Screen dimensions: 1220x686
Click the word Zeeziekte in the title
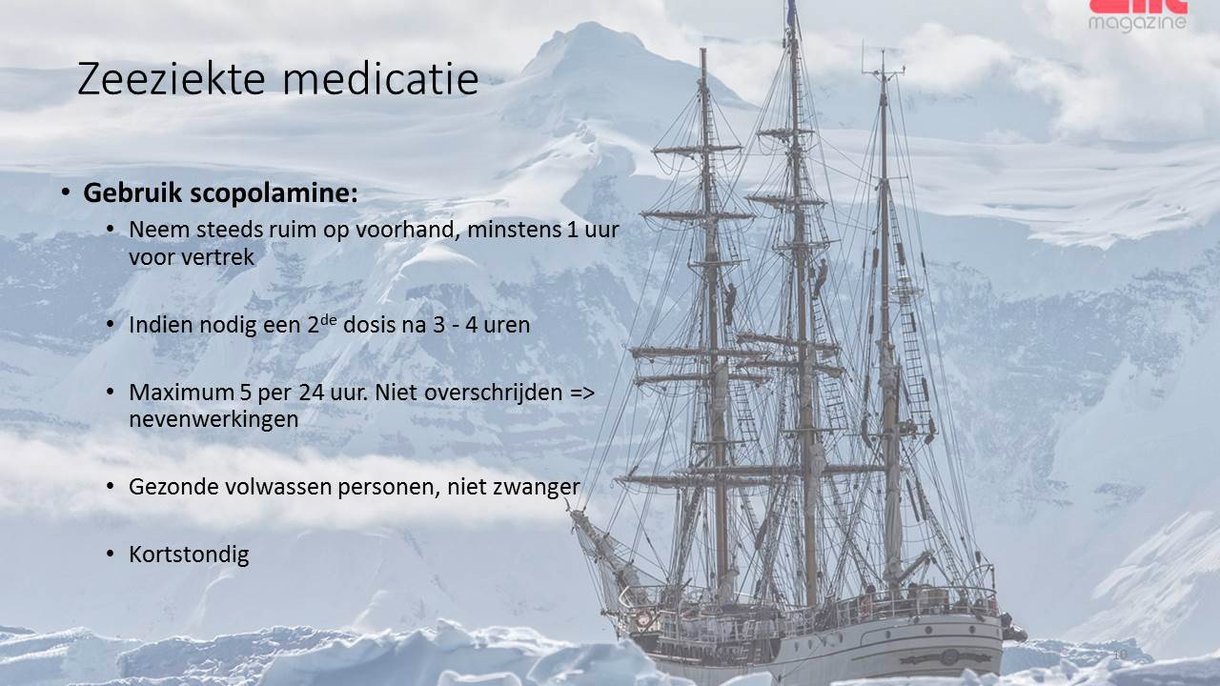[171, 79]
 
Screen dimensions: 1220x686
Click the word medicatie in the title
[380, 79]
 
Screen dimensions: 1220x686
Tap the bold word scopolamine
[274, 193]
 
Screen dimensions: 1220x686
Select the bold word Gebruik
[132, 192]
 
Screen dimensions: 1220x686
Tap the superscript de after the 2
[329, 319]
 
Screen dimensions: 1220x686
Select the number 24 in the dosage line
[312, 393]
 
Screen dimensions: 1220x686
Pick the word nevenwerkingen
[213, 420]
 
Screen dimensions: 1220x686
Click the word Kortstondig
[189, 555]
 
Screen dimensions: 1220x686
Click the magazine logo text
[1137, 23]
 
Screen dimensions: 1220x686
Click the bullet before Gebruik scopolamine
[66, 192]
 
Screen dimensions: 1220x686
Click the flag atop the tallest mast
[791, 14]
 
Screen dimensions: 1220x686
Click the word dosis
[369, 325]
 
